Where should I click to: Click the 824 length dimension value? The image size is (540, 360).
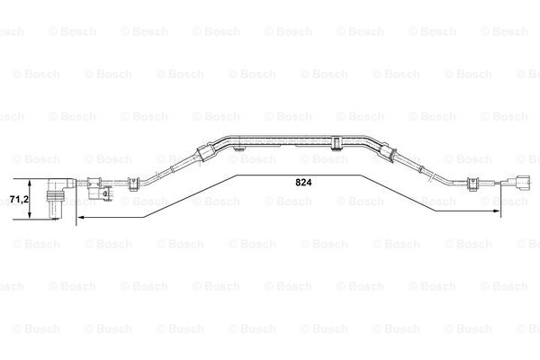point(303,183)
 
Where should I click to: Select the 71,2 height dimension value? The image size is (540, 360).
point(19,199)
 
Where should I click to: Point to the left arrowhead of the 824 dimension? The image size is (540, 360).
point(81,217)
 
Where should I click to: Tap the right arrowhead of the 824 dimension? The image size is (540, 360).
point(496,211)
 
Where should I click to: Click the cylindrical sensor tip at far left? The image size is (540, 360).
point(55,210)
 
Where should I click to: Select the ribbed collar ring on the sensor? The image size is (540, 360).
point(55,196)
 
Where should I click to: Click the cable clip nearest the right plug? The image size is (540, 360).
point(472,184)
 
